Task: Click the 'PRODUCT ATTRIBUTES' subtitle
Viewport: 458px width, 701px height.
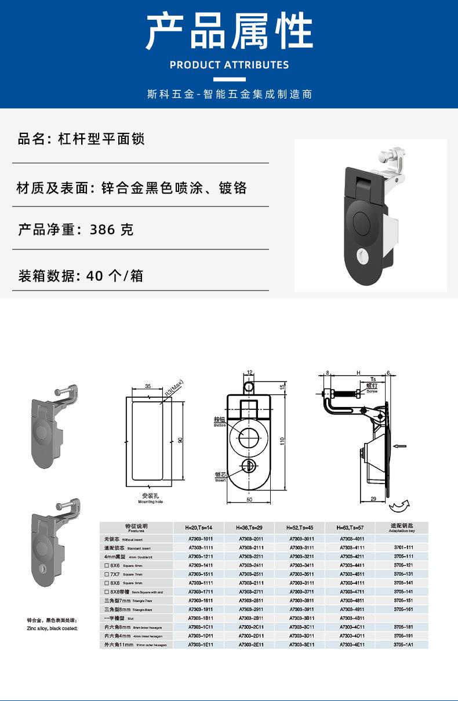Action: pos(229,65)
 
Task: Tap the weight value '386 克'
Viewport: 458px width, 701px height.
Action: pos(112,230)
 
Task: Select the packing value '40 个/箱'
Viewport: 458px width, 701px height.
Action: pos(114,276)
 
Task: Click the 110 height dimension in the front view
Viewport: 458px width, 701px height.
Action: pos(282,441)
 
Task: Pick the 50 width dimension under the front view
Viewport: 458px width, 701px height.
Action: pos(250,499)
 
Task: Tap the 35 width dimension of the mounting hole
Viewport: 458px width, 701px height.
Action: pos(148,387)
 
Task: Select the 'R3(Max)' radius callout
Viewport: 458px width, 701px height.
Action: pos(174,387)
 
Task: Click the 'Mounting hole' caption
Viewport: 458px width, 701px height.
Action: pos(150,502)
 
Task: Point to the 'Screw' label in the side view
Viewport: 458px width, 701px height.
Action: pos(372,391)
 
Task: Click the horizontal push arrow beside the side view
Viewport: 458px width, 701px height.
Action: pos(399,446)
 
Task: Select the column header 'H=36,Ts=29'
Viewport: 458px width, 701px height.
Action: pos(249,528)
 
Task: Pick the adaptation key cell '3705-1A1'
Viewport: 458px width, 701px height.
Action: pos(403,644)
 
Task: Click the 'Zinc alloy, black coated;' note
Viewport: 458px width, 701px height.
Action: pos(52,628)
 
